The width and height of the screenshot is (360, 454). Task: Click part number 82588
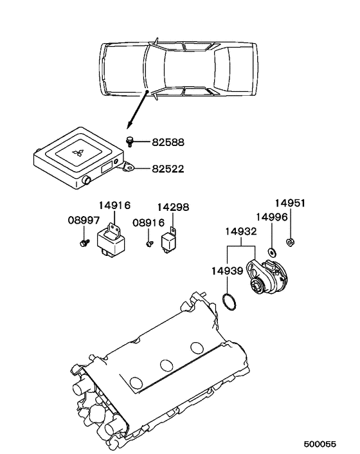168,143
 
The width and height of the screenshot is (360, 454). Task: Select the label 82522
168,168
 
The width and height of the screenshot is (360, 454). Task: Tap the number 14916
114,205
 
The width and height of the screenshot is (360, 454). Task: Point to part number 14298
173,207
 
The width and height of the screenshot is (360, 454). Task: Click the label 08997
84,220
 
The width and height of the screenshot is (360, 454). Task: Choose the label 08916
148,222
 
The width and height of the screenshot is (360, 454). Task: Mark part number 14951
290,203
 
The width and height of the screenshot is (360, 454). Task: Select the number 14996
272,217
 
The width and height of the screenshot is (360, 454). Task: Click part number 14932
241,232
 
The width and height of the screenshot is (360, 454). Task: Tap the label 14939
227,271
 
